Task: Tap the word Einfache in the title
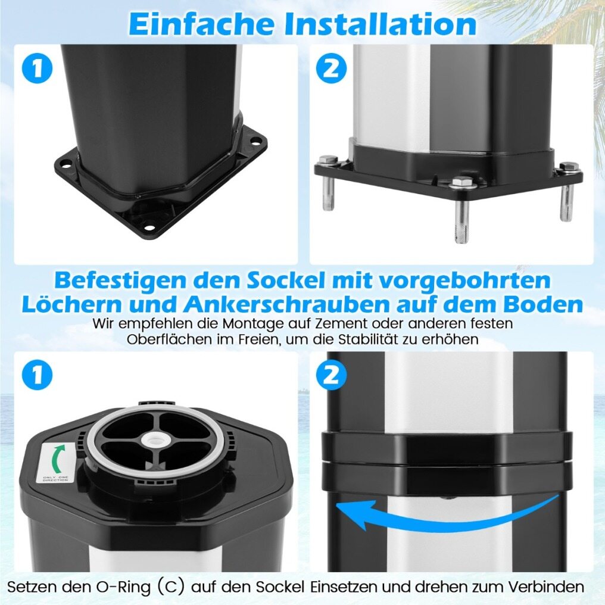click(x=201, y=24)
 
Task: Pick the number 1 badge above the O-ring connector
click(x=37, y=375)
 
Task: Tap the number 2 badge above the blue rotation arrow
click(x=330, y=375)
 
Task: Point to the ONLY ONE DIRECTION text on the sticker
click(x=56, y=479)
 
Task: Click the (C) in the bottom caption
click(x=170, y=587)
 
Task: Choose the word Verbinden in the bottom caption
click(x=545, y=587)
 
